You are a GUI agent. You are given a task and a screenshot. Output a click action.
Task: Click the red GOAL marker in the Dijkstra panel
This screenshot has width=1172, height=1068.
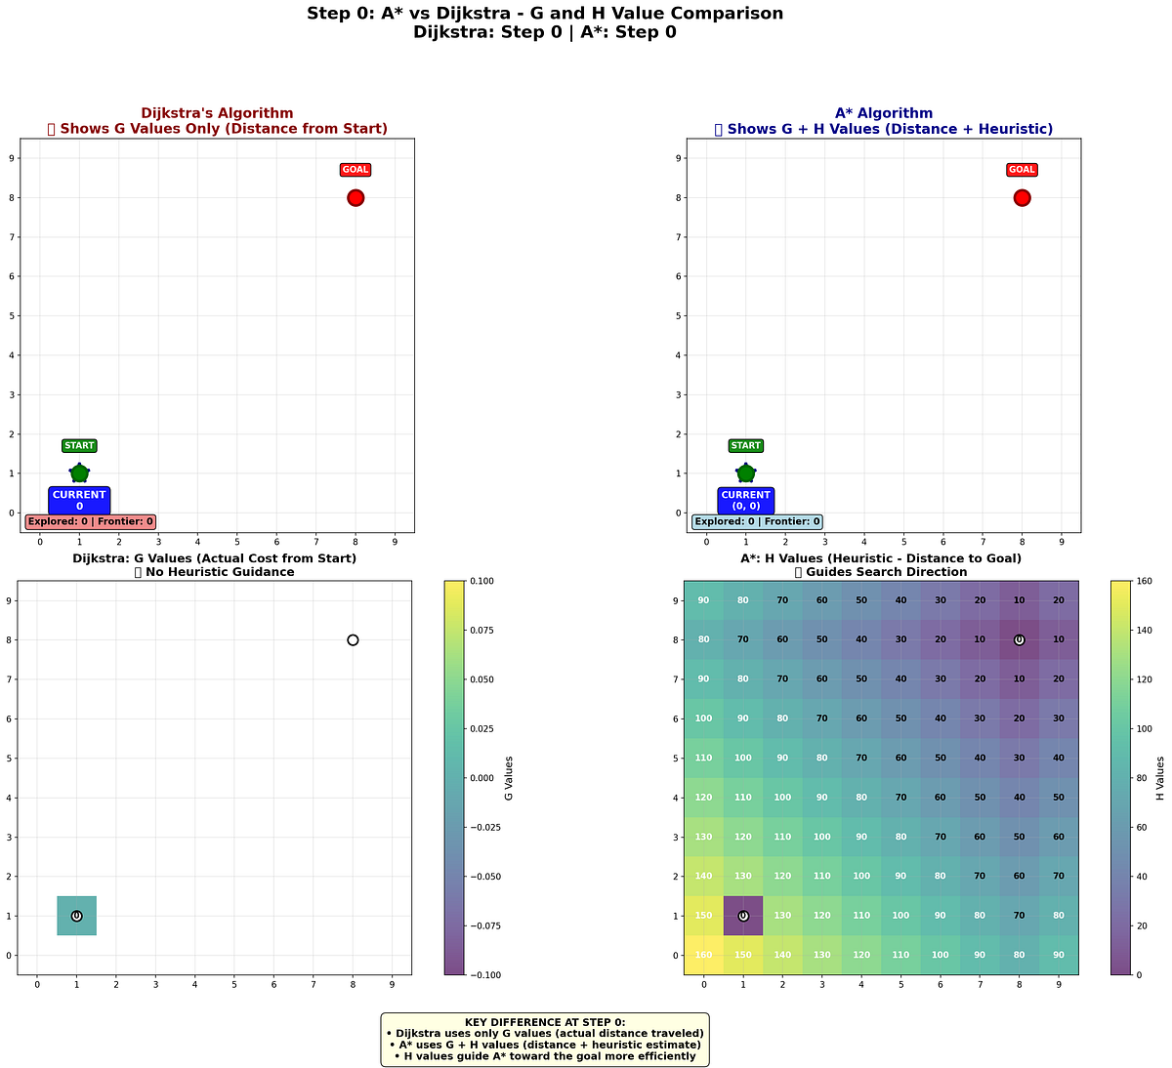(x=356, y=197)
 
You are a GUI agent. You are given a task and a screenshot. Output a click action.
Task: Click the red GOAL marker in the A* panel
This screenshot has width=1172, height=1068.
(x=1022, y=197)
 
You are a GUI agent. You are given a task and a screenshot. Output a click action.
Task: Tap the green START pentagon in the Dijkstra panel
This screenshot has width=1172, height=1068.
(x=79, y=473)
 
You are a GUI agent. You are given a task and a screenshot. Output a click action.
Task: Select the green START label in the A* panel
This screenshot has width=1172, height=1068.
(x=745, y=446)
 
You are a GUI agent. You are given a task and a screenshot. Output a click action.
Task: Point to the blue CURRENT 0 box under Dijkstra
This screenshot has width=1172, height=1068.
(x=79, y=501)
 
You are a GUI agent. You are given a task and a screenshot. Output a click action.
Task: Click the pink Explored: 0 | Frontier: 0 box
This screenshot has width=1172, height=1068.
(x=91, y=522)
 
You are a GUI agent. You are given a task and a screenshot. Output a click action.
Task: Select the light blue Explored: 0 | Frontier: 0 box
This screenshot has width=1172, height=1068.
(x=757, y=522)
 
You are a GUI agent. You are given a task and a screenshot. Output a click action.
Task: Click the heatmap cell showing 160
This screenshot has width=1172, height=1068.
(x=703, y=956)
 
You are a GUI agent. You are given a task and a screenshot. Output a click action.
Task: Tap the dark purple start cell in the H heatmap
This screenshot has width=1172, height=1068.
(x=743, y=916)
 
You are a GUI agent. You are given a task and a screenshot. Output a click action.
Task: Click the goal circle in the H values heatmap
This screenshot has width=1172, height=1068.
(x=1019, y=640)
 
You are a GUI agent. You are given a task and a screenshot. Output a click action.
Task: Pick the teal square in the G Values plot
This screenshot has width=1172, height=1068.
(x=76, y=916)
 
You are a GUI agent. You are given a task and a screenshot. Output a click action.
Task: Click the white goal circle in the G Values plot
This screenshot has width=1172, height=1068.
(x=353, y=640)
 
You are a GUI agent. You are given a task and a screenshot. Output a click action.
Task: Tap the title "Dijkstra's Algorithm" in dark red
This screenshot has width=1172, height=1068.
(x=217, y=113)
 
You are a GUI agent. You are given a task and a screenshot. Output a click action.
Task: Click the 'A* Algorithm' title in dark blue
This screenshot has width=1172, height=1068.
(x=884, y=113)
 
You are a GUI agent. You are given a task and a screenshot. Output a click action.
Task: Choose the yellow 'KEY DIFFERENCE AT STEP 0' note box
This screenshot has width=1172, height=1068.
(x=545, y=1039)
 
